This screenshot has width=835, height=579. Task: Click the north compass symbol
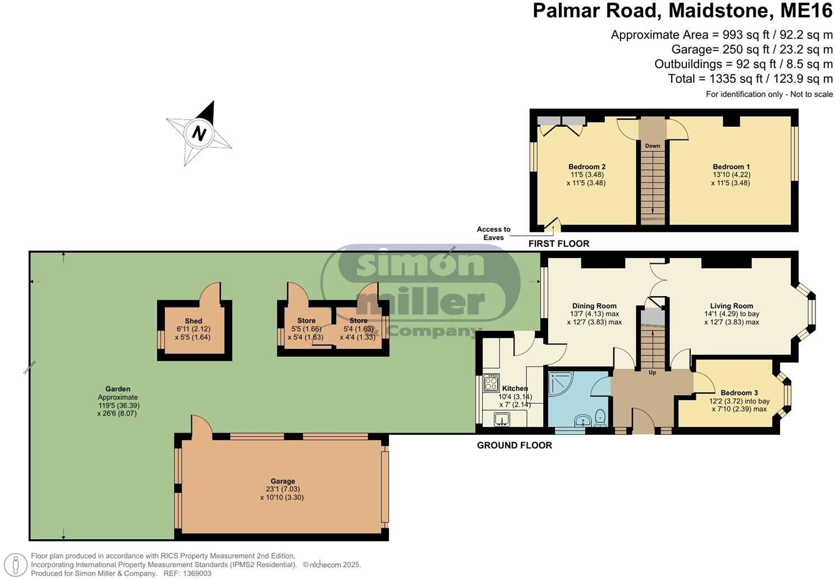click(199, 134)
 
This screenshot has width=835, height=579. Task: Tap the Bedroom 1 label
click(731, 167)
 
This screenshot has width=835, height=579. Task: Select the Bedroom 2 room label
click(586, 167)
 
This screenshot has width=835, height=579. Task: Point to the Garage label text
click(282, 481)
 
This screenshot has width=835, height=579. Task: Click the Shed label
click(194, 321)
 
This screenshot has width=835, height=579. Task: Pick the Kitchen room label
click(515, 388)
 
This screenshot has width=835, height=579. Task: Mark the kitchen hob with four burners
click(491, 383)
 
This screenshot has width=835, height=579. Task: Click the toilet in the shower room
click(599, 416)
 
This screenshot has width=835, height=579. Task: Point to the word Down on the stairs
click(652, 146)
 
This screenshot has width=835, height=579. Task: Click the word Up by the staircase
click(652, 373)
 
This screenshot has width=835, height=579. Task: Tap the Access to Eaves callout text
click(494, 233)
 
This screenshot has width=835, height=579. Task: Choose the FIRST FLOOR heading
click(558, 243)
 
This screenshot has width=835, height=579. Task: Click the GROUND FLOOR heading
click(514, 445)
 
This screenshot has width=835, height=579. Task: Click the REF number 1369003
click(195, 573)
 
